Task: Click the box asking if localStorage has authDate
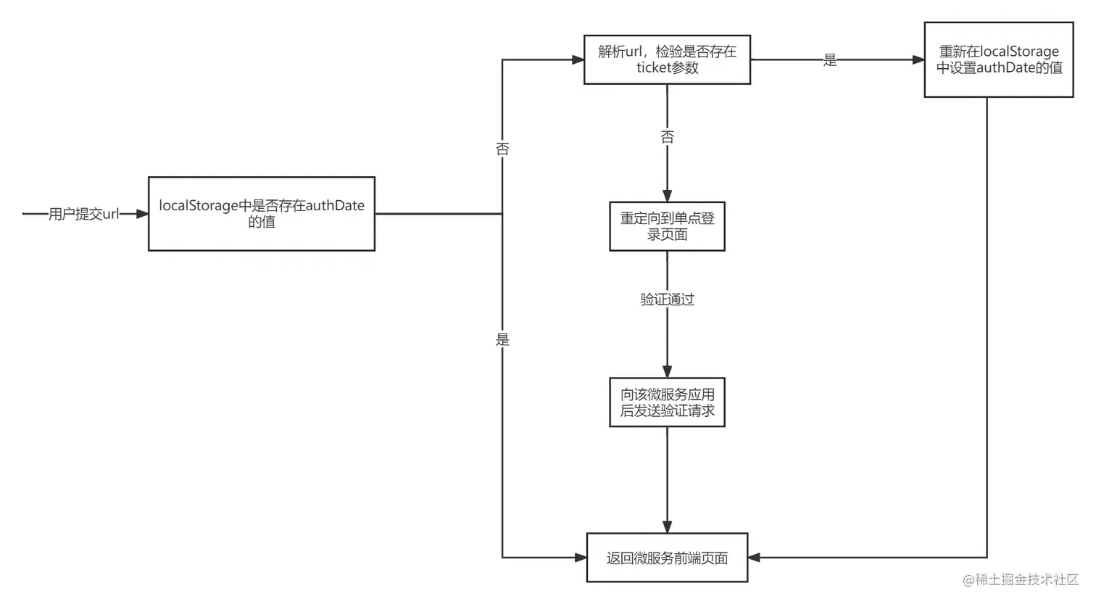pos(262,214)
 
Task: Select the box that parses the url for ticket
pos(667,59)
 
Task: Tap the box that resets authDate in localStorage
pos(998,59)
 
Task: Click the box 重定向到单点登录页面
pos(667,226)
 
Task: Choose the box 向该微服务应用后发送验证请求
pos(667,402)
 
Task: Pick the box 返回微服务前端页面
pos(667,558)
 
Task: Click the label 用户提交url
pos(83,214)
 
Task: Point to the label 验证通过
pos(667,299)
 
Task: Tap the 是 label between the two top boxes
pos(830,60)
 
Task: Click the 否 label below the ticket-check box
pos(667,136)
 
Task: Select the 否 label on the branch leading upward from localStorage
pos(502,149)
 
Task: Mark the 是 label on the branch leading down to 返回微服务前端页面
pos(502,339)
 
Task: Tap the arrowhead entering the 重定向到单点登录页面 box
pos(667,196)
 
